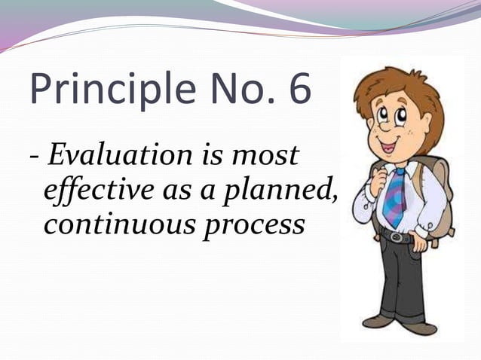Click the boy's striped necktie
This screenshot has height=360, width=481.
click(395, 197)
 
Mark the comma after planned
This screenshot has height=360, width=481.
click(332, 199)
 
